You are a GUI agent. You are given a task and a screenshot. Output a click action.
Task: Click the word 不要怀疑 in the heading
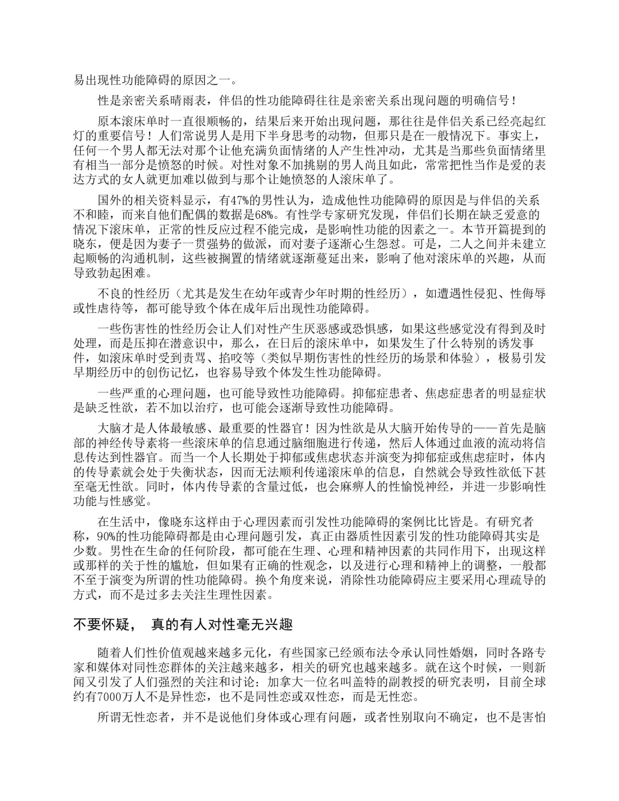click(99, 625)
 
